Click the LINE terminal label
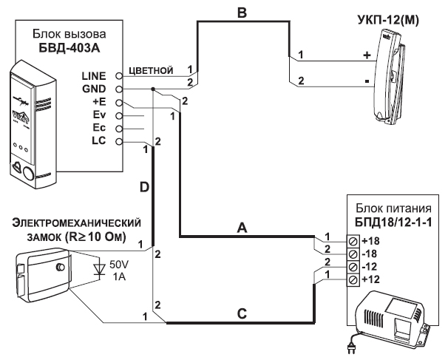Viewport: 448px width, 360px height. coord(94,75)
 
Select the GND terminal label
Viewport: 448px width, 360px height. coord(95,88)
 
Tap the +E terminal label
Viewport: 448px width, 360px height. coord(99,102)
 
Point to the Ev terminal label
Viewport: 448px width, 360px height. coord(99,115)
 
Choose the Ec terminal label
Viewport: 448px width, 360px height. coord(99,127)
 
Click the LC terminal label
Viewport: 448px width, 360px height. coord(99,140)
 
